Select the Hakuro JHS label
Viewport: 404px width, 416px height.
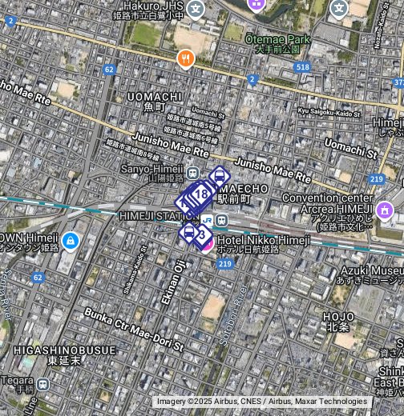153,6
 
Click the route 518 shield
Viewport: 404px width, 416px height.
302,67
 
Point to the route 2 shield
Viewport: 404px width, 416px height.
252,79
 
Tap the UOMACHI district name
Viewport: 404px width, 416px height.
156,97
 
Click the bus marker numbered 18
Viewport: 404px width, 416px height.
201,194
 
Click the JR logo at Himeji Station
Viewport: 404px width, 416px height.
208,220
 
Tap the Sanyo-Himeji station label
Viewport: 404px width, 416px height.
153,169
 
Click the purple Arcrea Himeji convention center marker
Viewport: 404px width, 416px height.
385,210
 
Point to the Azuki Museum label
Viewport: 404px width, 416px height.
370,271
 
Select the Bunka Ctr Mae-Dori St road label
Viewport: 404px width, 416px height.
133,329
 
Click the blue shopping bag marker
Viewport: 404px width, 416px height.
70,239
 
